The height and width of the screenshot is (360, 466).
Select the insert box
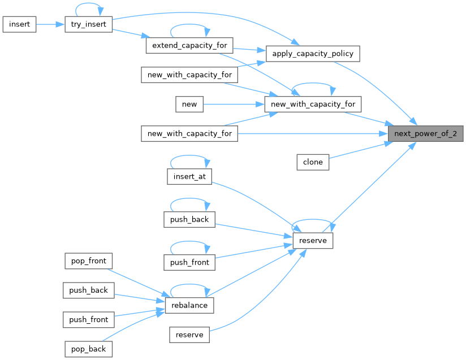20,24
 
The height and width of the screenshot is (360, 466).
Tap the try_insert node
89,24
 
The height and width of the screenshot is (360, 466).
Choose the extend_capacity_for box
189,45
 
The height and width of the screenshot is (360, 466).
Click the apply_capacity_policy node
313,54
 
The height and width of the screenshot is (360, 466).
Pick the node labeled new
189,104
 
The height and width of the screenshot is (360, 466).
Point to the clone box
313,162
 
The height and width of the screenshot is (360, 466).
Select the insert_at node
189,177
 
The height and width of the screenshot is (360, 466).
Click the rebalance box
189,305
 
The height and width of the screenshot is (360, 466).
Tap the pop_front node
88,261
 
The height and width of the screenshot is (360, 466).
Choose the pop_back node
88,349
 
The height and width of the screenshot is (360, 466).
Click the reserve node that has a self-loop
313,241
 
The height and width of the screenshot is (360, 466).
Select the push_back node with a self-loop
189,219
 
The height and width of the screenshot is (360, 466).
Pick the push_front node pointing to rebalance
88,319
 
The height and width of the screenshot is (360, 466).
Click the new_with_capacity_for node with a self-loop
313,104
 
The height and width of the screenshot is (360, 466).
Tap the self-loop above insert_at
189,157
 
